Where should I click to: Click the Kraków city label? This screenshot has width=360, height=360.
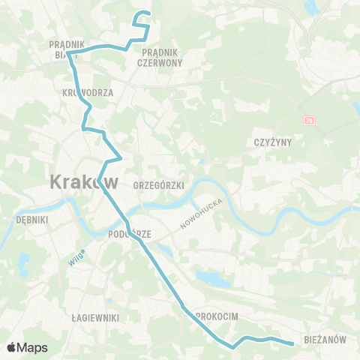[83, 181]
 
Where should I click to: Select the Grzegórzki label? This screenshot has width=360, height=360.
[152, 184]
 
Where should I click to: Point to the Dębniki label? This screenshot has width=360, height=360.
[31, 220]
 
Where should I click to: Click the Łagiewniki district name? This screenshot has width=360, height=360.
[95, 318]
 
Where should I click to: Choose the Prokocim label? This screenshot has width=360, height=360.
[217, 317]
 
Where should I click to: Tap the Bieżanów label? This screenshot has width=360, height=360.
[325, 339]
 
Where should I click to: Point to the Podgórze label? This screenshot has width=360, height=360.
[130, 234]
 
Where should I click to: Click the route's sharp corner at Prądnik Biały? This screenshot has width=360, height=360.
[69, 53]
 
